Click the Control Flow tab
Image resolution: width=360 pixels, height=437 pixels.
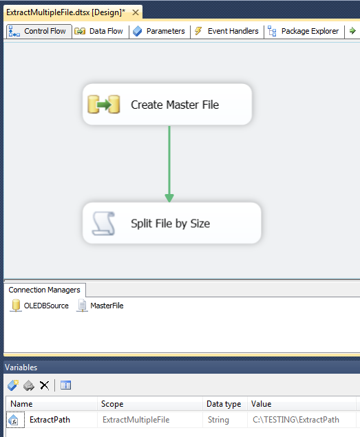(39, 31)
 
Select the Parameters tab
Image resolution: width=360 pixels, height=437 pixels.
(159, 31)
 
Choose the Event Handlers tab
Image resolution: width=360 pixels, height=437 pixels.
(226, 31)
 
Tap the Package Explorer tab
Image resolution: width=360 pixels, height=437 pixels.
(304, 31)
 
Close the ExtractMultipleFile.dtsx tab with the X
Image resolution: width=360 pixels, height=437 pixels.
(136, 12)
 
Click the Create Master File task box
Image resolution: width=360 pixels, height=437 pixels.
(167, 105)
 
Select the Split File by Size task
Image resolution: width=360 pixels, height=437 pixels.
(172, 223)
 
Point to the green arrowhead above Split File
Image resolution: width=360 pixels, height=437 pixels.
(169, 198)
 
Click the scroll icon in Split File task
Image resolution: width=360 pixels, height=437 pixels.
(103, 223)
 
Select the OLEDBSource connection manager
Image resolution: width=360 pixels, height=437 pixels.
(39, 306)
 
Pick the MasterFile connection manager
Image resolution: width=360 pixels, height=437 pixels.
(100, 306)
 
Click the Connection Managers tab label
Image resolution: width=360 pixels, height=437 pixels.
(44, 290)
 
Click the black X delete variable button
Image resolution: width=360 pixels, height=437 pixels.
(44, 385)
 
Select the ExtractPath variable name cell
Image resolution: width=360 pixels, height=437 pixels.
(50, 420)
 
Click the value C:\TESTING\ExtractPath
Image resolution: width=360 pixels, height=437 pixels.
(296, 420)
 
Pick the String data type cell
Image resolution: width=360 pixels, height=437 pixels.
(218, 420)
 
